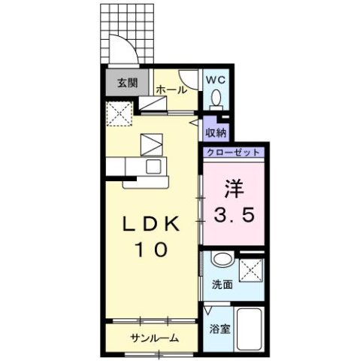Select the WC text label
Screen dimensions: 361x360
216,77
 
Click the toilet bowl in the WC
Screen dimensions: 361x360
216,98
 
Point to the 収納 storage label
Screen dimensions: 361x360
216,132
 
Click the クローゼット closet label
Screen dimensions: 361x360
233,152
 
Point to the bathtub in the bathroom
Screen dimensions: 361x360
248,328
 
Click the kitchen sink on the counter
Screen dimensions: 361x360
153,167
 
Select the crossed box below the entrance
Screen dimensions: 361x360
119,114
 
